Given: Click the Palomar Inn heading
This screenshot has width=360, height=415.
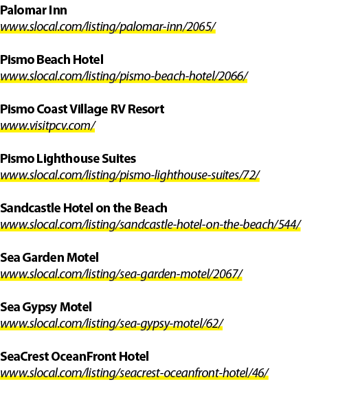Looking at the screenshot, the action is [34, 10].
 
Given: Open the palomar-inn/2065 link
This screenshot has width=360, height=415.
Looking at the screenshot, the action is [108, 27].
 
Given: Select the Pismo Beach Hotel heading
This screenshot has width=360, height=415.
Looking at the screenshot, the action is [52, 60].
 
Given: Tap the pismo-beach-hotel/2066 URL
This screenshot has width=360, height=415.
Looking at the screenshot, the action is [124, 76].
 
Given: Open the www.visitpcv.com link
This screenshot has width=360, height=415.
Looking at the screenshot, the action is [47, 126].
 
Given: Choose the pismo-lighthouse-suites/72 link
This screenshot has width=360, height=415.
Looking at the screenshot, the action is [130, 175].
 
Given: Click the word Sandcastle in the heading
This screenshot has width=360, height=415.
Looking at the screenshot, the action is [30, 208].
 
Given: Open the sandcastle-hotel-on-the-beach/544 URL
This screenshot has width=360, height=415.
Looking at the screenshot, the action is [150, 225].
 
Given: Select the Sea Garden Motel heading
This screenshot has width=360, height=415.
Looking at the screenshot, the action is [49, 258].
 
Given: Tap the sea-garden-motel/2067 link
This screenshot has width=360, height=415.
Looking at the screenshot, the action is [121, 274].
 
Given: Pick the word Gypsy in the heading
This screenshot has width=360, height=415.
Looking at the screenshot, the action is [39, 308].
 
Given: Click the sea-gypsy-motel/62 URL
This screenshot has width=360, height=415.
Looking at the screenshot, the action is [112, 324].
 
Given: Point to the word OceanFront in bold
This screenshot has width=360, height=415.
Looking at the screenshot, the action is [84, 357].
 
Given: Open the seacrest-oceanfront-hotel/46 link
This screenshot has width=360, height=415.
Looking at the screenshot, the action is [135, 374].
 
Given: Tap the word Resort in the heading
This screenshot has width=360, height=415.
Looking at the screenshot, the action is [146, 109].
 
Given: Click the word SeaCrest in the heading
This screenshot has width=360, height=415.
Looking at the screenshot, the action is [25, 357].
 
